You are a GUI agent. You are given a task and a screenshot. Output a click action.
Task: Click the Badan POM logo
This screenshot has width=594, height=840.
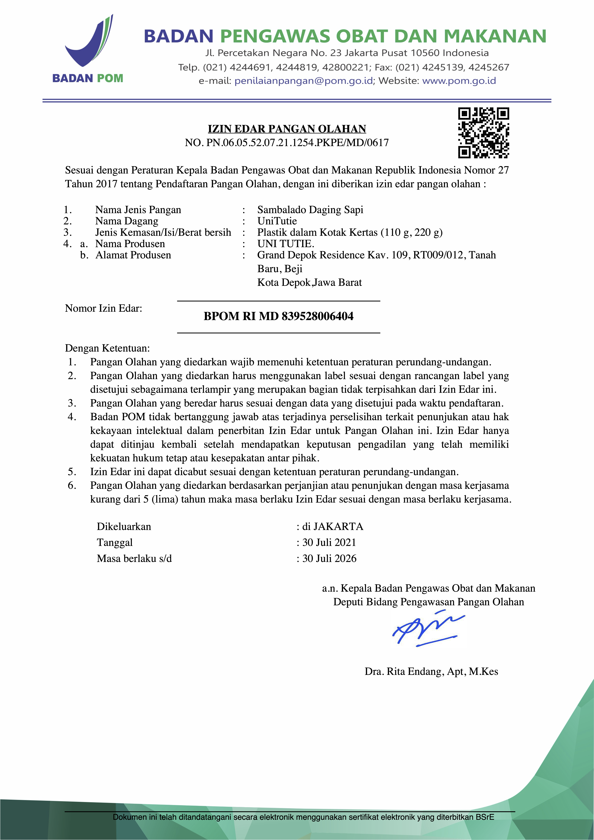(x=88, y=49)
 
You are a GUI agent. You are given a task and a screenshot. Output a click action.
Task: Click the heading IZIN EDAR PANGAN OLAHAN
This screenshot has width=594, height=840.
(x=287, y=129)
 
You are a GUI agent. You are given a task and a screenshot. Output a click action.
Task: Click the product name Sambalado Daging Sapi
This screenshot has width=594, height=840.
(x=310, y=210)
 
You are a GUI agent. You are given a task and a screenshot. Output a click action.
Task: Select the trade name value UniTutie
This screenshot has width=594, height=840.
(x=277, y=221)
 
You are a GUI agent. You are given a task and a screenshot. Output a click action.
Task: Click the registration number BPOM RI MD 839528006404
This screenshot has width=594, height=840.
(x=279, y=316)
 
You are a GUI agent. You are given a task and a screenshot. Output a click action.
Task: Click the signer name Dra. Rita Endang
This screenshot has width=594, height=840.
(x=431, y=671)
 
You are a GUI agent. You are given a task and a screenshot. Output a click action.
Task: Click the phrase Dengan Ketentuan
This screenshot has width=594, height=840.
(x=107, y=348)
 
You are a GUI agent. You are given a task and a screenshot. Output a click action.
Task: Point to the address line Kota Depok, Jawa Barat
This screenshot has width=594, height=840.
(x=309, y=282)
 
